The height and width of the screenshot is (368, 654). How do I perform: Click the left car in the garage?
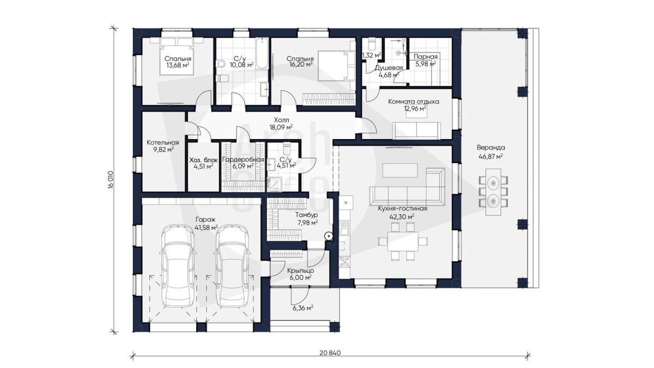pos(177,266)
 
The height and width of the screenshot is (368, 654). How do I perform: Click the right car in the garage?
pos(232,266)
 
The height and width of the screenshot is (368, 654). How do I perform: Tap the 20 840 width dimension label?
pos(330,353)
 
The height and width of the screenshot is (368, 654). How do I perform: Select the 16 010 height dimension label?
pos(110,180)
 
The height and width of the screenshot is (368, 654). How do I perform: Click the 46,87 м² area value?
pos(491,156)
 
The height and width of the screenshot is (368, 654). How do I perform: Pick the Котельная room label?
pos(162,142)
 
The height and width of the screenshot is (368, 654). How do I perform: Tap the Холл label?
pos(281,120)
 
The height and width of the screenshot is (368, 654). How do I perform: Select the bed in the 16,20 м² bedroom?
pos(336,65)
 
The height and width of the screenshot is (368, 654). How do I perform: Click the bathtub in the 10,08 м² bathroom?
pos(262,53)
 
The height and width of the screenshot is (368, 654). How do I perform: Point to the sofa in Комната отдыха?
pos(416,130)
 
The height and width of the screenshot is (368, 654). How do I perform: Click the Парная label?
pos(426,57)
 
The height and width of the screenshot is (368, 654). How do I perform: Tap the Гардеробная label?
pos(243,160)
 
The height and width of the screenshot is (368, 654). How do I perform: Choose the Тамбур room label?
pos(306,215)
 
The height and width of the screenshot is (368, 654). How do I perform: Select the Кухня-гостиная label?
pos(402,208)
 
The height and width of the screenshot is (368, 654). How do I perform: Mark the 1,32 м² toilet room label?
pos(371,55)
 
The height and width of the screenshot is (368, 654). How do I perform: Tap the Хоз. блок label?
pos(203,160)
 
